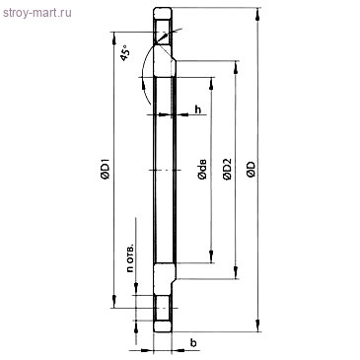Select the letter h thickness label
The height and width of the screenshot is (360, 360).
tap(198, 108)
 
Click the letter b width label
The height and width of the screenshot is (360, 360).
tap(193, 342)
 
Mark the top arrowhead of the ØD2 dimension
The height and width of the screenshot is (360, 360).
tap(237, 65)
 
